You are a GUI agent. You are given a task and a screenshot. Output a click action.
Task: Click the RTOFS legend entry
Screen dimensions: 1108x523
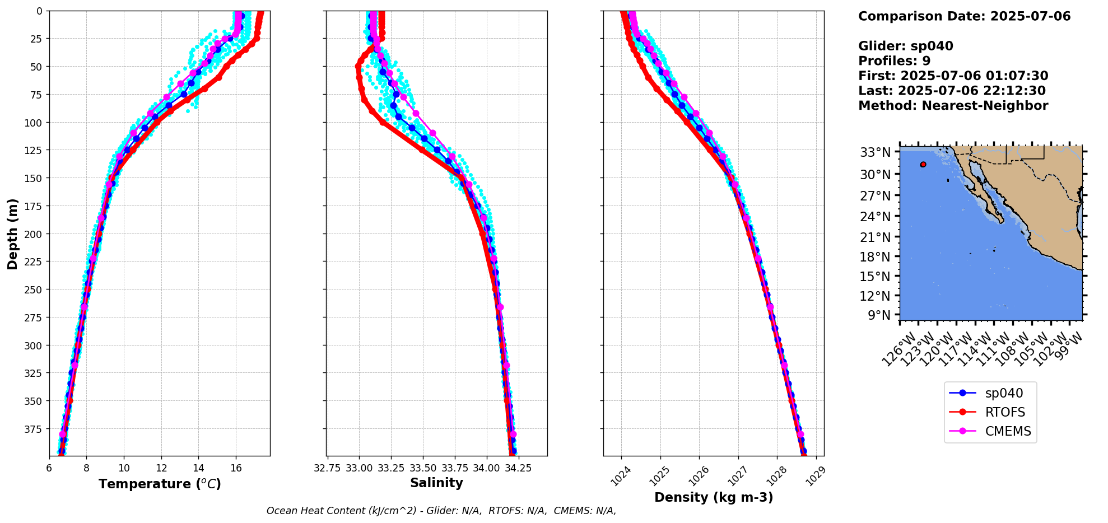tap(989, 412)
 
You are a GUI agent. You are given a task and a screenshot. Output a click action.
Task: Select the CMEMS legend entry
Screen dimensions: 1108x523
tap(990, 431)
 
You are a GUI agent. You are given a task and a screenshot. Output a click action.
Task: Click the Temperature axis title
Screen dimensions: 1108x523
tap(160, 484)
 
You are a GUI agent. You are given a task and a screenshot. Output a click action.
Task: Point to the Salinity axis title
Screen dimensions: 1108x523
tap(436, 483)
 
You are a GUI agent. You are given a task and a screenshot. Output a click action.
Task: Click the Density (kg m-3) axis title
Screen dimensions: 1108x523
tap(714, 497)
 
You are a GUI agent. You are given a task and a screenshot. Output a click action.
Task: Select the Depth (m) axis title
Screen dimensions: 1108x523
tap(12, 234)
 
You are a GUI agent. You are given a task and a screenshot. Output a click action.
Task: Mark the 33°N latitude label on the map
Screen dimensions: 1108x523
tap(875, 152)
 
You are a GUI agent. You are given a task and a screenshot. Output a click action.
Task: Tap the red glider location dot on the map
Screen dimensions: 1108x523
tap(923, 165)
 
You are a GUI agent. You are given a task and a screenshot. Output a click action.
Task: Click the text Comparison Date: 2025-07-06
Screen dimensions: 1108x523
tap(964, 16)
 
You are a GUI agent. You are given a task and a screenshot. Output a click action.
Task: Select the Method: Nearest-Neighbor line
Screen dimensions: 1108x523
tap(953, 106)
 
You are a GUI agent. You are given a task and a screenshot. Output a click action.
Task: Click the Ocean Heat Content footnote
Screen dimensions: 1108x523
tap(441, 511)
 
